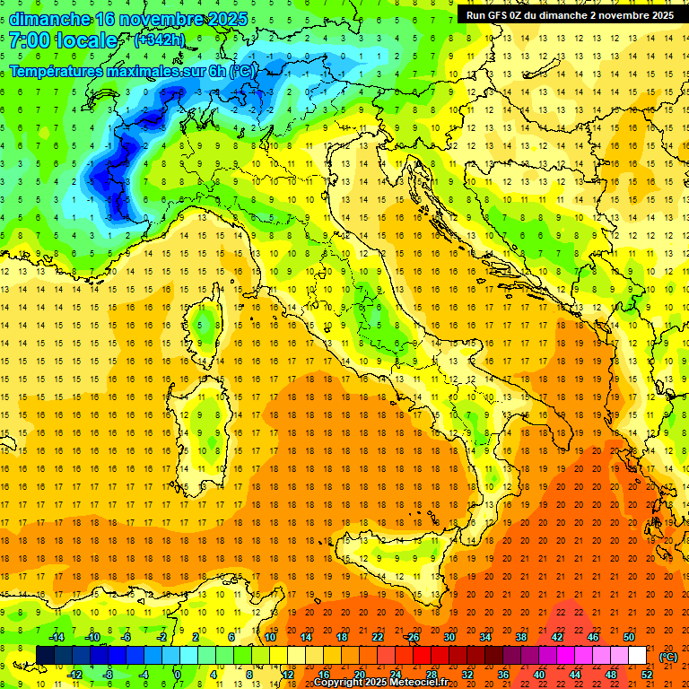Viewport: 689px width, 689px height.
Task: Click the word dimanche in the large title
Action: pyautogui.click(x=48, y=19)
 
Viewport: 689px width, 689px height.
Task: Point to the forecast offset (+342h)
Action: pyautogui.click(x=160, y=40)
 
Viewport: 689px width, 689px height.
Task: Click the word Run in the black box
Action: pyautogui.click(x=476, y=15)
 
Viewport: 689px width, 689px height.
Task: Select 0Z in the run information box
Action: pyautogui.click(x=525, y=15)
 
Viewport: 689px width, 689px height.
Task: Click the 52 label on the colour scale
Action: pyautogui.click(x=647, y=675)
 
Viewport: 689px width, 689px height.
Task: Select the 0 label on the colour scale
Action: pyautogui.click(x=178, y=675)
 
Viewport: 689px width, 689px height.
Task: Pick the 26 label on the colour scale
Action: pyautogui.click(x=414, y=637)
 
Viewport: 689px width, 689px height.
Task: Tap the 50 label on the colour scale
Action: pyautogui.click(x=629, y=637)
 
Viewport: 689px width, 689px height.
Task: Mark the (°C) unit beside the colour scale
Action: pyautogui.click(x=668, y=656)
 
